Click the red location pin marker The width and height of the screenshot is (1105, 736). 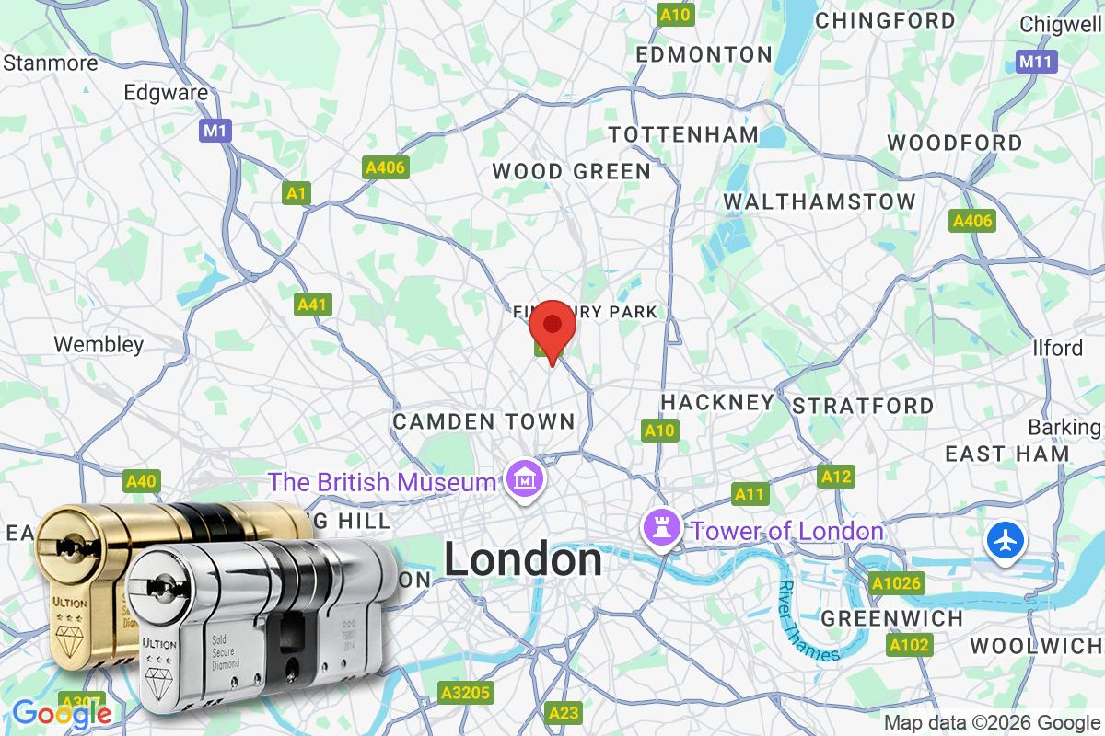[x=552, y=328]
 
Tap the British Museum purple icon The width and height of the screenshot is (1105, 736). [x=525, y=479]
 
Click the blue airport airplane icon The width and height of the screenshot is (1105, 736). [x=1006, y=540]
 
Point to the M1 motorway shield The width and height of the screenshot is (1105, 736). [x=215, y=132]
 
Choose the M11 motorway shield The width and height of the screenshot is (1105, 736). [x=1038, y=62]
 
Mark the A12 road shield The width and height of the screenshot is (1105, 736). [x=835, y=476]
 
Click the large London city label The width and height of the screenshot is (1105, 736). [x=523, y=560]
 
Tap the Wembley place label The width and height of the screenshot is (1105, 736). [x=99, y=345]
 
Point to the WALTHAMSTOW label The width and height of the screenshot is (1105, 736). [x=820, y=201]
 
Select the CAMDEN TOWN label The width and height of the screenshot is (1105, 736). [x=483, y=421]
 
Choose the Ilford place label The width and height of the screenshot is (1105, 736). [x=1059, y=349]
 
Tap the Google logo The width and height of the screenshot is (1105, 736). [x=62, y=713]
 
